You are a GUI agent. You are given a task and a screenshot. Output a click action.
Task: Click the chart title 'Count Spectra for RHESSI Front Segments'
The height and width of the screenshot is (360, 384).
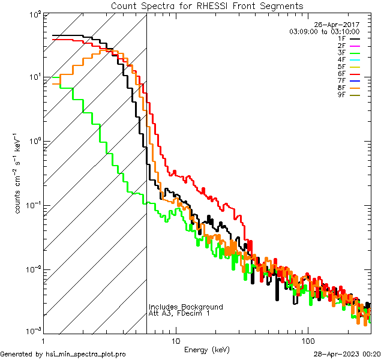207,6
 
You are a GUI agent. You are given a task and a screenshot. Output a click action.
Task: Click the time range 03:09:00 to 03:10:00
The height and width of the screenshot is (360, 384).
324,31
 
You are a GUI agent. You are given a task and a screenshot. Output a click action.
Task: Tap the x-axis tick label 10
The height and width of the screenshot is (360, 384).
175,339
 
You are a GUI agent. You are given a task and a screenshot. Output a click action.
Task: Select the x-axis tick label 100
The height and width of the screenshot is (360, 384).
307,339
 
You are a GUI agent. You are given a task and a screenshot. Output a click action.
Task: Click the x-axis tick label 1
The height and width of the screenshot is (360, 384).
43,339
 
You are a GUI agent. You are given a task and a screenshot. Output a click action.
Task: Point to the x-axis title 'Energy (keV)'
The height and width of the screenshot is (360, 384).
207,349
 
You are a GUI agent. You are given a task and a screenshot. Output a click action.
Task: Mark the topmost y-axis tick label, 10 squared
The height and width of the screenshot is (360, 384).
32,14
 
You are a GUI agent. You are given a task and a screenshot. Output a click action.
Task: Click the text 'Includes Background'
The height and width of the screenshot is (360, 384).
185,307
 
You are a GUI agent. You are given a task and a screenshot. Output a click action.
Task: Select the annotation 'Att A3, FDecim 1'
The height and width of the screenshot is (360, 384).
179,313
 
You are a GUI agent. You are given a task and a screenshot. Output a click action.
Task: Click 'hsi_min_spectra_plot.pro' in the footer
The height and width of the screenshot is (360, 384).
85,354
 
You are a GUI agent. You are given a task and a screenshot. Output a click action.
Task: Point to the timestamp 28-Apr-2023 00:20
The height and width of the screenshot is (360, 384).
347,354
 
